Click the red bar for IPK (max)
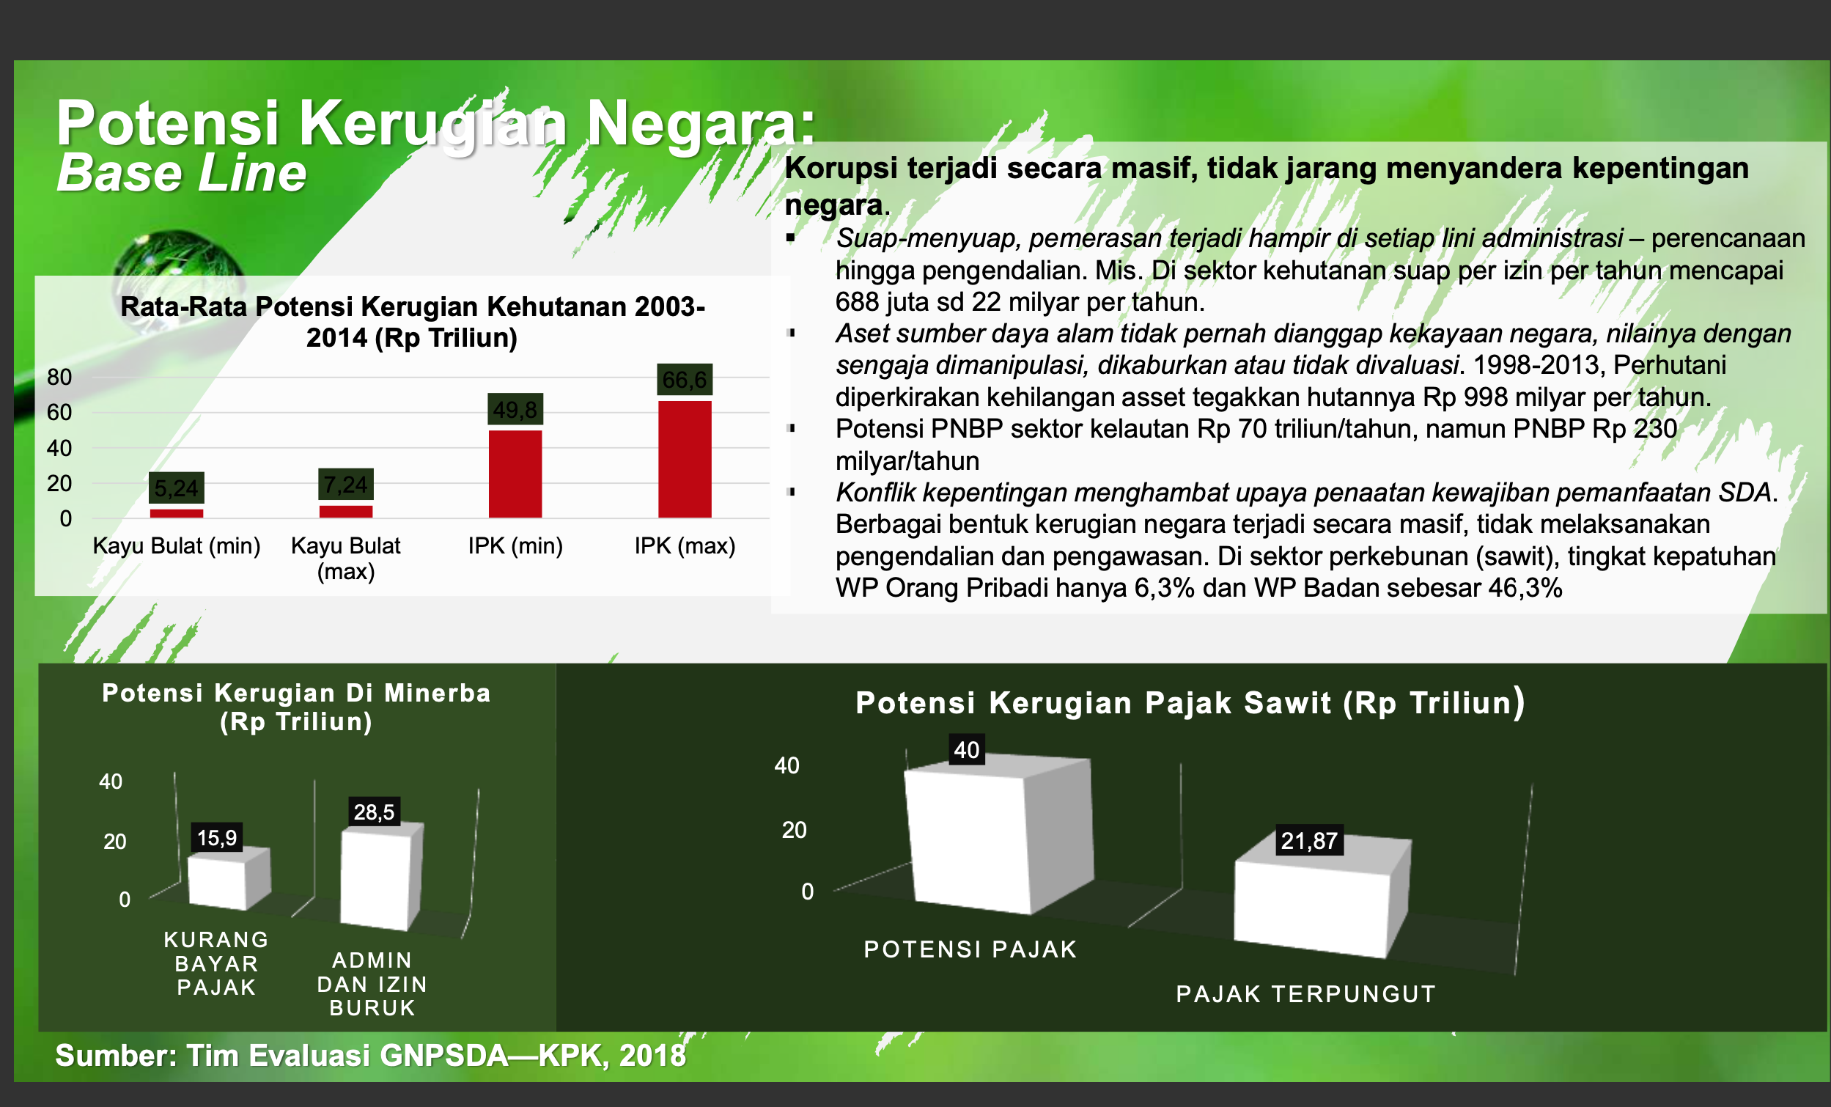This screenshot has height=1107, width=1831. click(x=685, y=459)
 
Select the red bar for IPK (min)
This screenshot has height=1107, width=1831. click(x=515, y=474)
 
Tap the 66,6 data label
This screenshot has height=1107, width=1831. click(x=685, y=380)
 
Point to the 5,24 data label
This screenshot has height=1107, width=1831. click(x=176, y=488)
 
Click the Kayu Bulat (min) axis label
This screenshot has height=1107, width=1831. click(x=176, y=545)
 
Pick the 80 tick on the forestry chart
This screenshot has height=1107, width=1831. click(x=59, y=377)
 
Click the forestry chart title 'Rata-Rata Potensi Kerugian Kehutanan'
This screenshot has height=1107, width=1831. click(x=413, y=306)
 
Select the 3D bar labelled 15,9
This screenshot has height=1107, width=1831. click(x=228, y=879)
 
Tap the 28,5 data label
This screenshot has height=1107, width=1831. click(x=374, y=812)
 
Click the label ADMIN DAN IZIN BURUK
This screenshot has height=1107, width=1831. click(x=372, y=984)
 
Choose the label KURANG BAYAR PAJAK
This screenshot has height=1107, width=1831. click(x=216, y=963)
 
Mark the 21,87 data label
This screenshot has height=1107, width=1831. click(x=1309, y=841)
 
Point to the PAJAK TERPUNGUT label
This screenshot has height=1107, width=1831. click(x=1305, y=994)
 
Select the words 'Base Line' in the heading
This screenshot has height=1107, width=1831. click(x=181, y=172)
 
